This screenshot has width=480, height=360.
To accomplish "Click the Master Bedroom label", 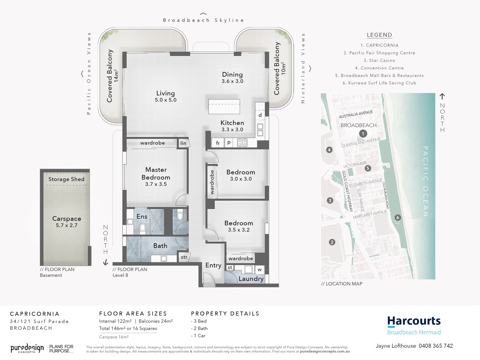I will (x=156, y=174).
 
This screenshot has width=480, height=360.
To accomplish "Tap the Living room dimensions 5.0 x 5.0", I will (x=166, y=100).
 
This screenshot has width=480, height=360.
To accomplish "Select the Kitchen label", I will (x=232, y=123).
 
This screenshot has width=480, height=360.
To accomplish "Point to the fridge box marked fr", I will (x=218, y=143).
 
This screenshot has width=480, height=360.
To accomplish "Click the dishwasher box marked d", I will (x=260, y=115).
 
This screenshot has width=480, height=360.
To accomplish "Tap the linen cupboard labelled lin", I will (x=183, y=143).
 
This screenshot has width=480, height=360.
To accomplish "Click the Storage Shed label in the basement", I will (x=66, y=179).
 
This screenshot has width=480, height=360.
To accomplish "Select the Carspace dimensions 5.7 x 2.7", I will (x=67, y=226).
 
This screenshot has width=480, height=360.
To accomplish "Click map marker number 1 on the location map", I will (x=363, y=134).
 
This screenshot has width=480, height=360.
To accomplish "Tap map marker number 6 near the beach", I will (x=397, y=217).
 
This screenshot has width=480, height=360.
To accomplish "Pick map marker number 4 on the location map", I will (x=329, y=150).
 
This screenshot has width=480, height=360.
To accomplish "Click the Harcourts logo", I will (x=414, y=322).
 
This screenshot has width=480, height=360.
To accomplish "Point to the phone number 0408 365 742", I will (x=436, y=346).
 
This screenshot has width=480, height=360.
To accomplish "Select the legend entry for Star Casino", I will (x=379, y=61).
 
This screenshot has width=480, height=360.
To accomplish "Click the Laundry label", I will (x=251, y=279).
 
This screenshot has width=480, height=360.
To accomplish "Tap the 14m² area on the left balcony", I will (x=116, y=76).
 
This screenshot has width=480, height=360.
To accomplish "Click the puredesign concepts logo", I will (x=27, y=349).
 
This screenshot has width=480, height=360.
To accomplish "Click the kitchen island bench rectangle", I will (x=224, y=107).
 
